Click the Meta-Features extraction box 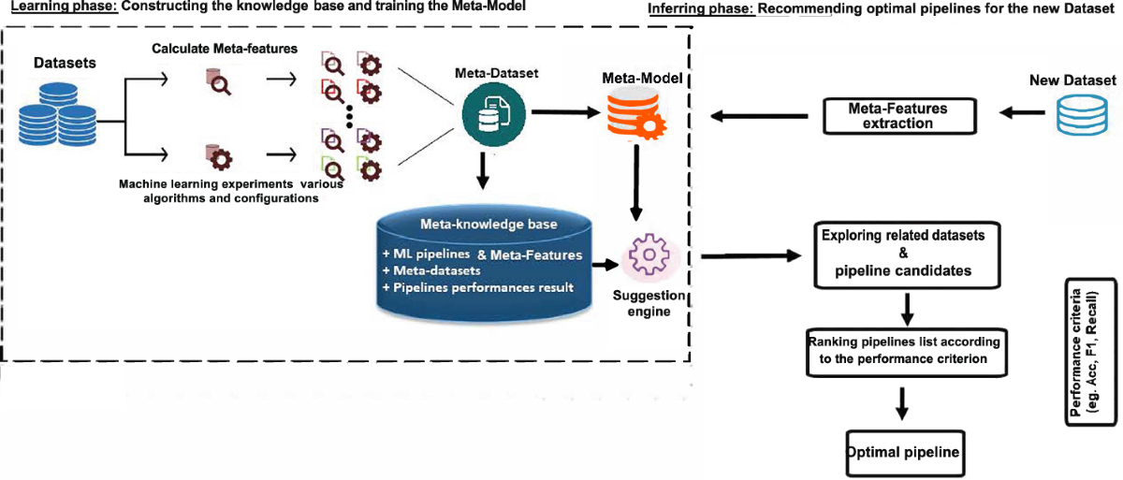pos(900,116)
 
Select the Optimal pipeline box pos(906,453)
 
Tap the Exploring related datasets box pos(907,255)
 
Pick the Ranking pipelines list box pos(907,352)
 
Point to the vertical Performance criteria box pos(1091,352)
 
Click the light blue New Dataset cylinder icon pos(1082,116)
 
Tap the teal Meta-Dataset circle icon pos(494,114)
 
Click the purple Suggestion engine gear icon pos(649,255)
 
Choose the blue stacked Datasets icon pos(58,114)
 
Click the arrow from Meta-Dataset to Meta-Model pos(566,112)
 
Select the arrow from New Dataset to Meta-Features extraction pos(1022,112)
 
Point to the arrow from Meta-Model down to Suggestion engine pos(636,182)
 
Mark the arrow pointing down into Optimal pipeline pos(902,403)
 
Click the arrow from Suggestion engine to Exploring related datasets pos(751,256)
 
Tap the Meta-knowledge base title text pos(489,224)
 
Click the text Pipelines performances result pos(483,287)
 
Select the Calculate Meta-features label pos(225,49)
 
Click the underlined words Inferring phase pos(701,9)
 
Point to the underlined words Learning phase pos(65,7)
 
